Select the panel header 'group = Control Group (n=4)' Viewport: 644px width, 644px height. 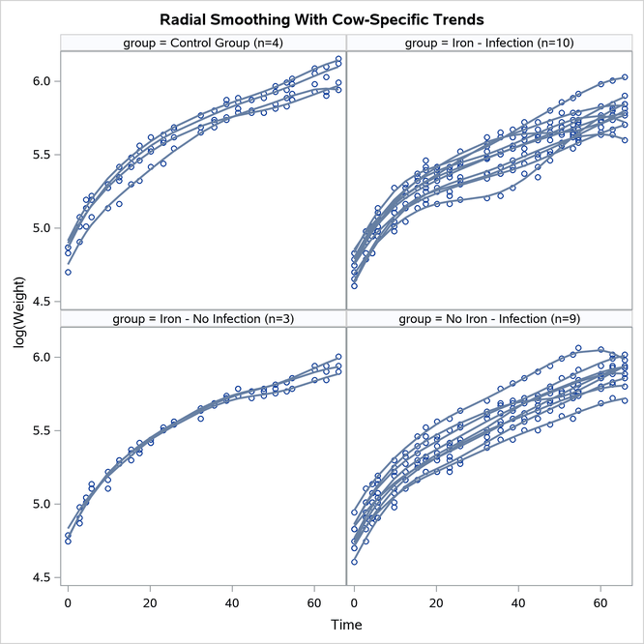point(203,43)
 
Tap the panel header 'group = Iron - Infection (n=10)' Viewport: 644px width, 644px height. point(489,43)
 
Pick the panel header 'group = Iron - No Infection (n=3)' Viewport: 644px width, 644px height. point(203,318)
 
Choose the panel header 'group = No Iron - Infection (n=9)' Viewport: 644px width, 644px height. point(489,318)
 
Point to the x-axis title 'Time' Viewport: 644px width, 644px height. point(346,626)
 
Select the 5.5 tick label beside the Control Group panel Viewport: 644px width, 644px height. point(41,155)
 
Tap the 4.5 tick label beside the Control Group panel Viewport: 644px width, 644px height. point(41,302)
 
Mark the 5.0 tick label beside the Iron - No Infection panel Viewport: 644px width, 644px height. point(41,504)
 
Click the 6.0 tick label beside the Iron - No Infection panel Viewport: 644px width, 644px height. point(41,357)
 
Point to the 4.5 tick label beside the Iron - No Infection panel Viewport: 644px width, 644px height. point(41,577)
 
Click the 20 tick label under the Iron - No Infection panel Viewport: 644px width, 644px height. point(150,602)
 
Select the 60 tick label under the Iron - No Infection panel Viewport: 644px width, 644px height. point(314,602)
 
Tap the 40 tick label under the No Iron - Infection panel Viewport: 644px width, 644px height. point(518,602)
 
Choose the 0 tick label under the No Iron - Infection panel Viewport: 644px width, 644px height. point(354,602)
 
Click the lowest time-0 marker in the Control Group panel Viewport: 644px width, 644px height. point(68,273)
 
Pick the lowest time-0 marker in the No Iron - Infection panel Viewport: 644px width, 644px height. point(354,562)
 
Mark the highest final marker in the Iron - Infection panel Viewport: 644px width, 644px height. point(625,76)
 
